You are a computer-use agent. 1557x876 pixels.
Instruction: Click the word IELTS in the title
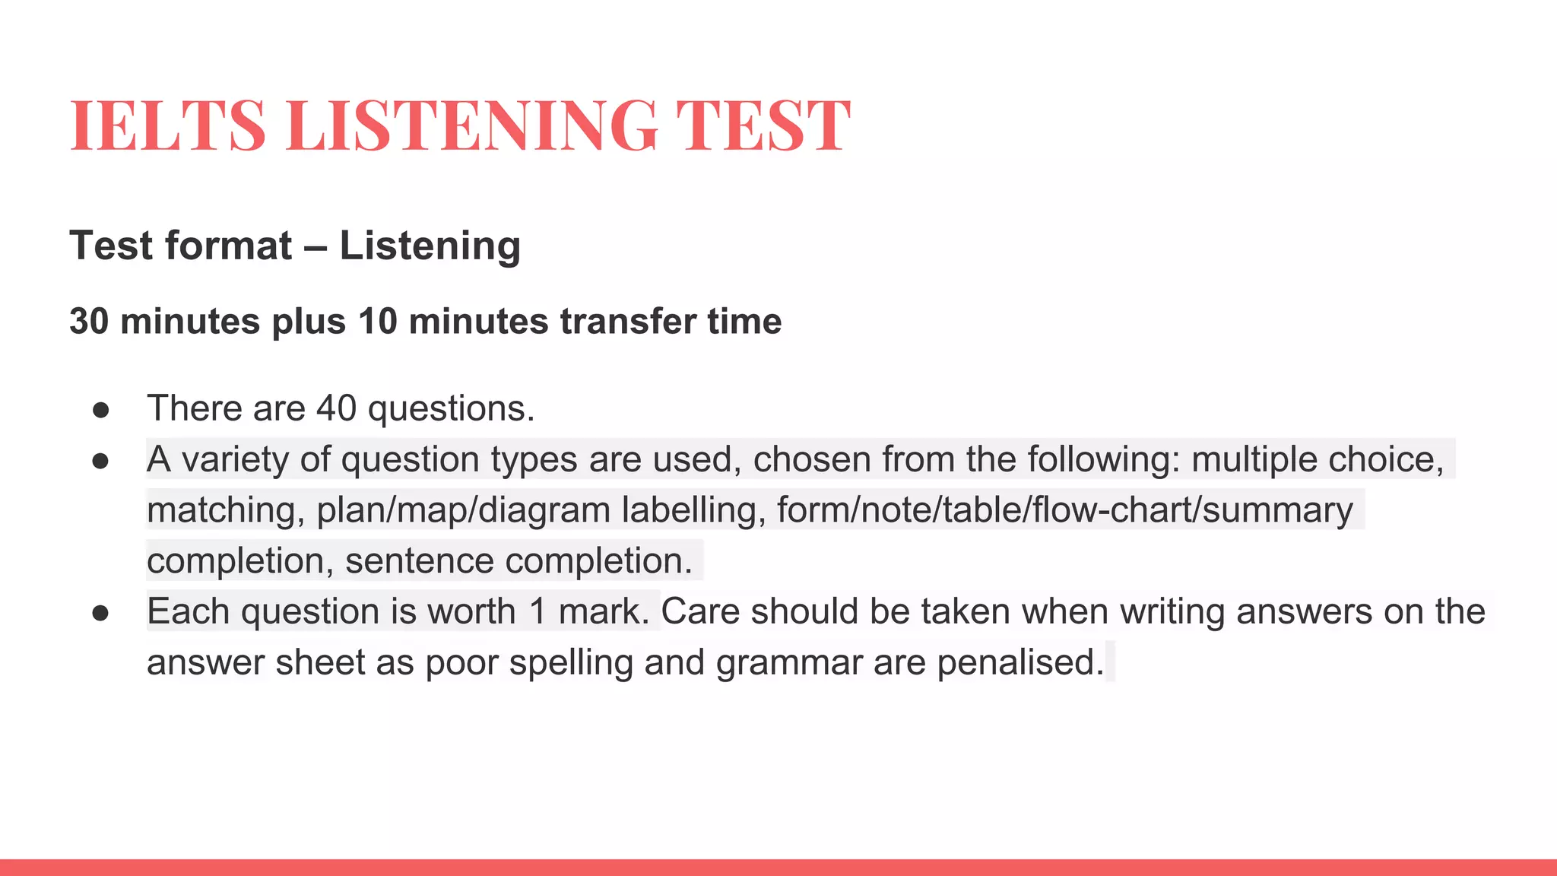[168, 125]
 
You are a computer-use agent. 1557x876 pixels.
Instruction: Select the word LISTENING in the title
[471, 125]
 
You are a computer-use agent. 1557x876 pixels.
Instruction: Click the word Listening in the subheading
[430, 246]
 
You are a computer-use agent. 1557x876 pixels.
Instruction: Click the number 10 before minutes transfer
[378, 322]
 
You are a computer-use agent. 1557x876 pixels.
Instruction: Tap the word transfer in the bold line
[628, 322]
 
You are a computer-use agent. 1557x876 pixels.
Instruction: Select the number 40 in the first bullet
[336, 408]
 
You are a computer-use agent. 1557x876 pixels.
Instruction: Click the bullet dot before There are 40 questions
[100, 411]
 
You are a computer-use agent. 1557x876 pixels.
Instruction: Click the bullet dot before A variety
[100, 462]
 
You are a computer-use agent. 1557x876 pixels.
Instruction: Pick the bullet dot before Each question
[100, 614]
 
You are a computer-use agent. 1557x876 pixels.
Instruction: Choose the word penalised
[1020, 662]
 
